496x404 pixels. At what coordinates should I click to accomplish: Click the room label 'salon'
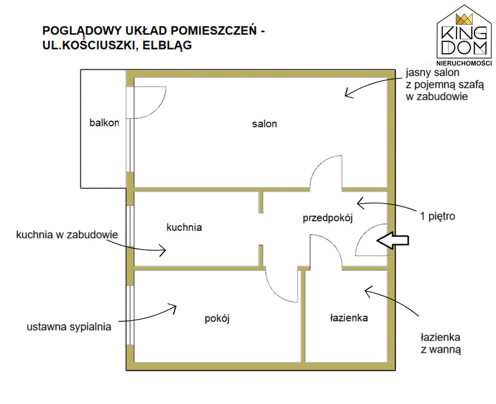(x=265, y=124)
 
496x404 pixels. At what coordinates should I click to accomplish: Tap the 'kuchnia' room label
(x=184, y=227)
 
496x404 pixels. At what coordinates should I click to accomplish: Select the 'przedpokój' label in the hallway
(x=328, y=218)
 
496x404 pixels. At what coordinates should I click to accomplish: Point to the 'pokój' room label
(x=217, y=318)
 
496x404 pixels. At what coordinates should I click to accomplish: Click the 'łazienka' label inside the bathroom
(x=349, y=318)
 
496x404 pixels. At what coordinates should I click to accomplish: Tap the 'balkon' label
(x=104, y=123)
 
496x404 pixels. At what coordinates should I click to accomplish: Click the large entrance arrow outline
(x=392, y=240)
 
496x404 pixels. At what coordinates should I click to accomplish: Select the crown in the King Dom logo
(x=464, y=19)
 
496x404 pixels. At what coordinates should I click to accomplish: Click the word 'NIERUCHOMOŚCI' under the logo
(x=464, y=63)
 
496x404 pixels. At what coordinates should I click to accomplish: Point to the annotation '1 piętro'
(x=437, y=217)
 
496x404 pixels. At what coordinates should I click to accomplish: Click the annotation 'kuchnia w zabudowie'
(x=67, y=235)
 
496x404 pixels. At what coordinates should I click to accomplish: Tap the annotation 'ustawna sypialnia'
(x=69, y=327)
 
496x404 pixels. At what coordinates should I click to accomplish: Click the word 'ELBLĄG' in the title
(x=167, y=45)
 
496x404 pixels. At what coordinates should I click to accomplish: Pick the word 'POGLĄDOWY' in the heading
(x=82, y=31)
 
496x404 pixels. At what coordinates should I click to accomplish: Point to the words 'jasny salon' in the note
(x=432, y=72)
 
